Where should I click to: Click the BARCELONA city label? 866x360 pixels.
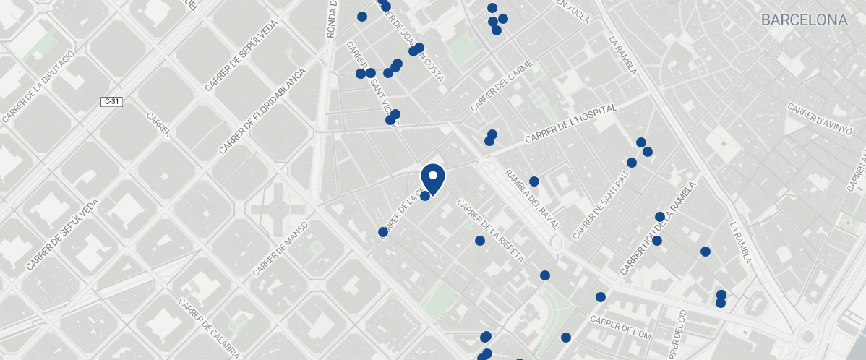(804, 20)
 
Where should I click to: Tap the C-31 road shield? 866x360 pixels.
(111, 102)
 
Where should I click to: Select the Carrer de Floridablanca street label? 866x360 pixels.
(262, 111)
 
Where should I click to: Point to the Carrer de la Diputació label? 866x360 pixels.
(38, 87)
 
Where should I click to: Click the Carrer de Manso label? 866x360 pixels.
(280, 249)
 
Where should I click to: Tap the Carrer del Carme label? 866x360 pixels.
(501, 86)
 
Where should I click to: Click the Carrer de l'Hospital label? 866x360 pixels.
(571, 124)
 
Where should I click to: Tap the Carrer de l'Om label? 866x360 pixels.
(621, 327)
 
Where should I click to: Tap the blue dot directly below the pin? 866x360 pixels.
(425, 196)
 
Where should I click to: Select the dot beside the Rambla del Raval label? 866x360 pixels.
(534, 181)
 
